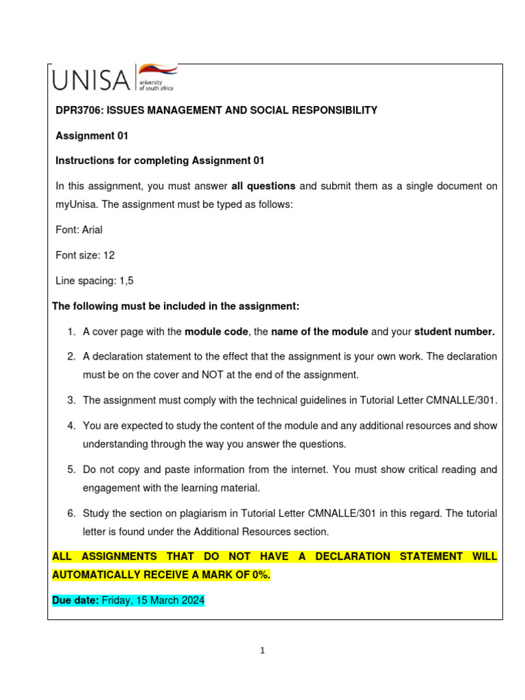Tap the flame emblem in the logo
pyautogui.click(x=157, y=70)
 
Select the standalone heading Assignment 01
pyautogui.click(x=92, y=136)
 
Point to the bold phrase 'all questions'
pyautogui.click(x=263, y=186)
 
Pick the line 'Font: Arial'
pyautogui.click(x=79, y=230)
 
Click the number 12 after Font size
pyautogui.click(x=109, y=255)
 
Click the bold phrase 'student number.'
pyautogui.click(x=455, y=332)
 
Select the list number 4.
pyautogui.click(x=70, y=425)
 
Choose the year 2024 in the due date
pyautogui.click(x=192, y=600)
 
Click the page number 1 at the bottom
pyautogui.click(x=262, y=650)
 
